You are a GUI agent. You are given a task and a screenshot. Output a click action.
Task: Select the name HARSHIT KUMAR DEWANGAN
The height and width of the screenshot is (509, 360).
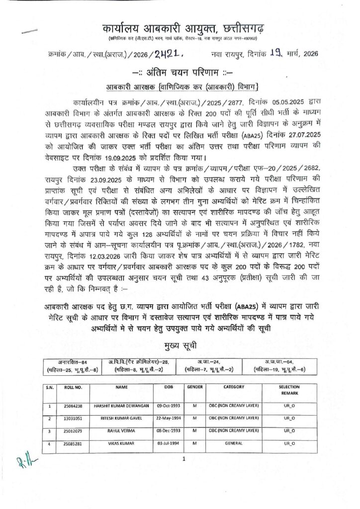[x=122, y=405]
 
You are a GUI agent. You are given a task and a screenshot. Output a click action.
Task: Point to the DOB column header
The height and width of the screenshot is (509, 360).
[x=168, y=386]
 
